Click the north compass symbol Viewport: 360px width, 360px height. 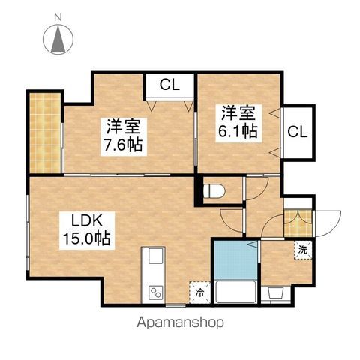58,39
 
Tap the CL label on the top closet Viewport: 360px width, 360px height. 169,84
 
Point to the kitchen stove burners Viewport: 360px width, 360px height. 155,291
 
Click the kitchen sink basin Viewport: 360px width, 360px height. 155,256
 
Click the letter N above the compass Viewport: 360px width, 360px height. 58,15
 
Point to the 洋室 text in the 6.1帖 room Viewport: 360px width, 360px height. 238,114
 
